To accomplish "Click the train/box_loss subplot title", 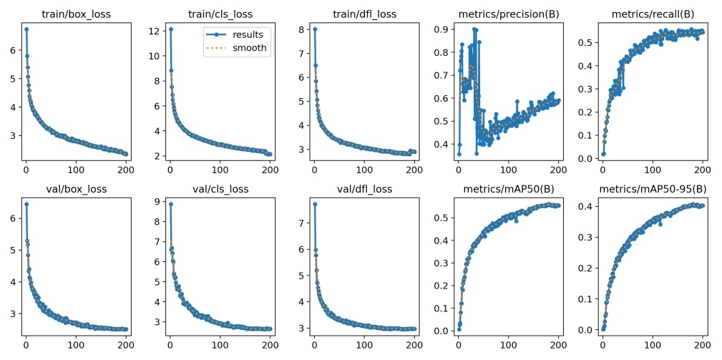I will (76, 14).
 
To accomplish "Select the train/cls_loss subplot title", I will (220, 14).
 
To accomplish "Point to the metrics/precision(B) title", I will (508, 14).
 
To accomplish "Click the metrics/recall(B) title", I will (652, 14).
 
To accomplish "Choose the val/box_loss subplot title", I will (76, 190).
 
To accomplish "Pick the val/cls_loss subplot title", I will (220, 190).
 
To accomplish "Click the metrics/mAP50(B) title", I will (508, 190).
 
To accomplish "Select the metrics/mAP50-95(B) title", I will (652, 190).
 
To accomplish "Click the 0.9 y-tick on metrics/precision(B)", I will (439, 29).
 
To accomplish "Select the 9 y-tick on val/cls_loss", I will (156, 203).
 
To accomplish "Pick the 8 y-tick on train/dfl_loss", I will (301, 30).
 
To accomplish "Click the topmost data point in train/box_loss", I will (26, 29).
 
